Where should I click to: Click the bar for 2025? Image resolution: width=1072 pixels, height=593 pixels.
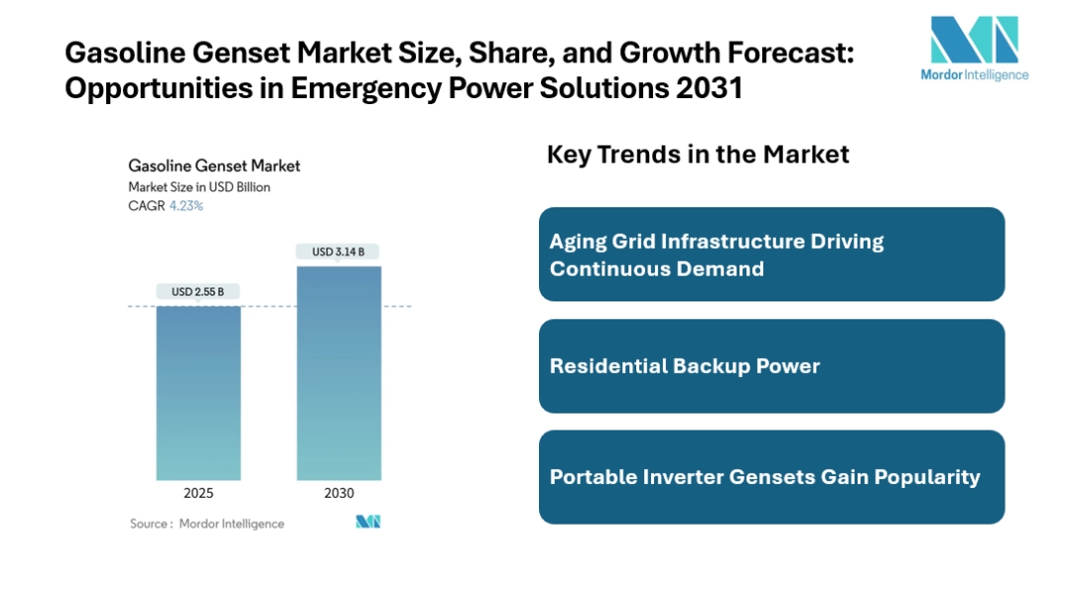198,393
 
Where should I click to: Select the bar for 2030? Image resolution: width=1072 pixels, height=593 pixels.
338,373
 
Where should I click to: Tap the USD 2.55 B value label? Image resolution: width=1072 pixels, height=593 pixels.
198,292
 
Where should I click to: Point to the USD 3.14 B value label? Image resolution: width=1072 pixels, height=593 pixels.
338,252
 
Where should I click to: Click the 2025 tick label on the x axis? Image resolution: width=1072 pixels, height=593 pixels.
198,493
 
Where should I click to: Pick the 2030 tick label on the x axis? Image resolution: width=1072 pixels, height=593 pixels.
338,493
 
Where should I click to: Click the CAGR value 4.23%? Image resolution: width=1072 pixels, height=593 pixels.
187,206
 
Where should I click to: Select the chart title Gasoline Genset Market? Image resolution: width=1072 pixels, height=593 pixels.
214,166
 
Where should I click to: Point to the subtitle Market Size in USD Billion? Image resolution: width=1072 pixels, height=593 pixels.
199,186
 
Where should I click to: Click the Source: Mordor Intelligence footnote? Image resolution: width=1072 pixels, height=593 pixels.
206,524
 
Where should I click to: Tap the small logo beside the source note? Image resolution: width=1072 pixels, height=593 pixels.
368,522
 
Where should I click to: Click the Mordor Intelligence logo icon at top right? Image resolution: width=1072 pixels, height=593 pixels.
974,40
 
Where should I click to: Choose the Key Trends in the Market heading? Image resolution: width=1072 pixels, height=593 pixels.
698,154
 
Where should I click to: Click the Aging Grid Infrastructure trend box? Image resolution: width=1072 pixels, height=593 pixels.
771,254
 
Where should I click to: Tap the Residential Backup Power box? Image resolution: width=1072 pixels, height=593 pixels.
771,366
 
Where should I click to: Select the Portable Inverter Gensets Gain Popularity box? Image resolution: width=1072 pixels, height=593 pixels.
771,477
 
